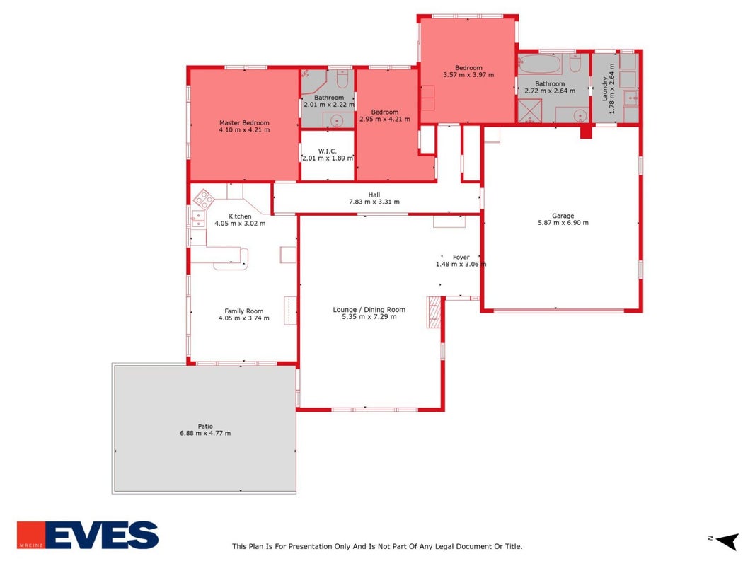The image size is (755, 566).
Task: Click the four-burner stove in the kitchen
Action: click(x=203, y=199)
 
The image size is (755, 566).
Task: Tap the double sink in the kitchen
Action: click(x=198, y=219)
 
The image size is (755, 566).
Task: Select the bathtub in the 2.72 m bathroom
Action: click(x=540, y=64)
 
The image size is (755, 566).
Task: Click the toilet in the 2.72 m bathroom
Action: click(x=575, y=62)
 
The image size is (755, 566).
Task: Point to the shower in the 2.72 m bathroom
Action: click(x=530, y=110)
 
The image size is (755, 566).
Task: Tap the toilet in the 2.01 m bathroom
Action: click(x=342, y=79)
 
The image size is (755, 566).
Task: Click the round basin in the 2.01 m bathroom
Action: click(x=337, y=120)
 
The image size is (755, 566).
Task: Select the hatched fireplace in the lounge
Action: click(x=434, y=312)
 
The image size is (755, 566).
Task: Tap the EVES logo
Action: click(x=88, y=535)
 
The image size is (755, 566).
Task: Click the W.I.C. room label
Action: click(x=328, y=151)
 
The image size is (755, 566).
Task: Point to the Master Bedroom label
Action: click(x=244, y=122)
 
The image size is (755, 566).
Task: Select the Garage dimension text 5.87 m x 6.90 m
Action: click(x=563, y=223)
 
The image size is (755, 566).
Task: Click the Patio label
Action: click(x=205, y=427)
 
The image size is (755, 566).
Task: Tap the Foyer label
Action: click(x=461, y=258)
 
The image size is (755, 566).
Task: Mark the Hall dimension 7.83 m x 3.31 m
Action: click(x=374, y=202)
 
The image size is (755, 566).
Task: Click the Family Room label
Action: click(x=243, y=311)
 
